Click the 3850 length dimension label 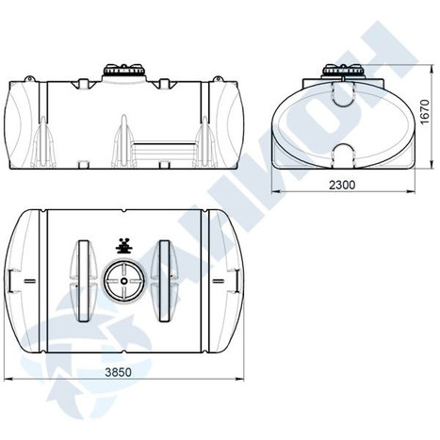[118, 372]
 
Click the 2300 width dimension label [342, 185]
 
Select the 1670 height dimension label [425, 112]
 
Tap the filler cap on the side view [124, 72]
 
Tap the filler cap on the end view [343, 71]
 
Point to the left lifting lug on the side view [29, 78]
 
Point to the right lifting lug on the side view [218, 79]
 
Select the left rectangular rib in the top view [83, 281]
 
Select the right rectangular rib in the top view [164, 281]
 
